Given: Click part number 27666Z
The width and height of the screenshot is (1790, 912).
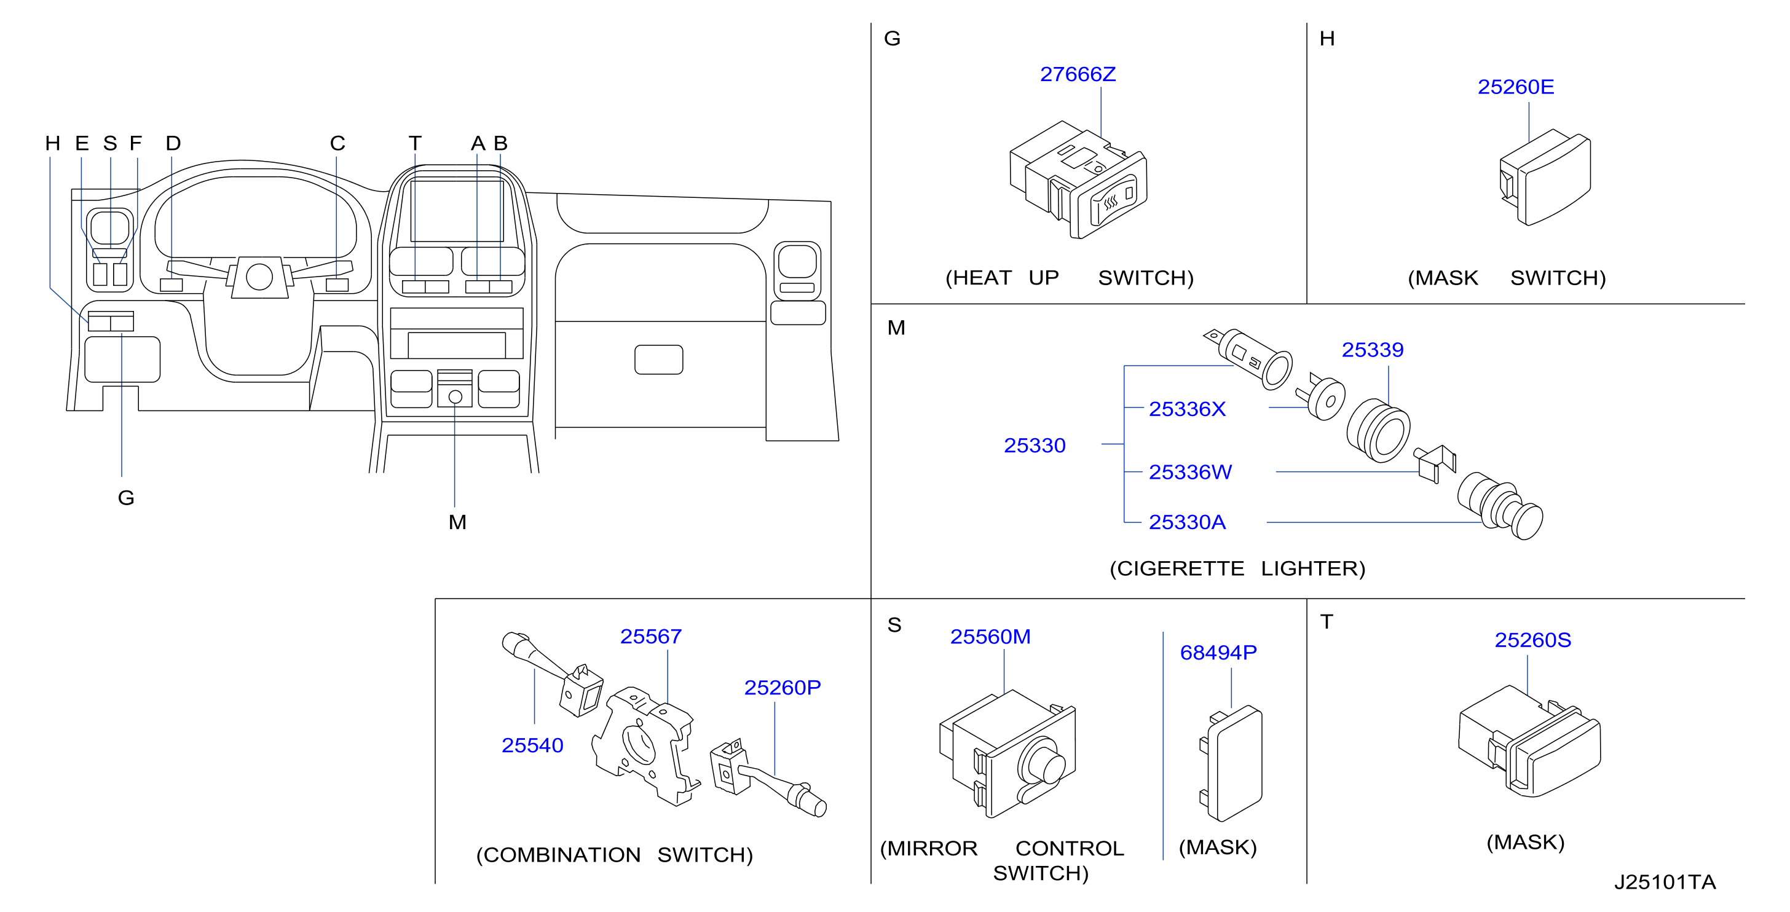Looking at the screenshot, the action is (x=1077, y=74).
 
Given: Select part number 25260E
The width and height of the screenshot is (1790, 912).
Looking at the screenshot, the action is (x=1515, y=87).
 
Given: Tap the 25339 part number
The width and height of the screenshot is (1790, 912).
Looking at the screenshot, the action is (x=1373, y=350).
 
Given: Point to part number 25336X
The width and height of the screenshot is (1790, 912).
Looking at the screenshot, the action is (x=1187, y=409).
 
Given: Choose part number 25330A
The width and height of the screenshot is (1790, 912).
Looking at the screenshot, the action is (x=1187, y=522).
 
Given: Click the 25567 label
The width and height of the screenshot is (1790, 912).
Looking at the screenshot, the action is (x=650, y=636).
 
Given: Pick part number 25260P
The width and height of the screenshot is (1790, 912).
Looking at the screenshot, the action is (x=783, y=687).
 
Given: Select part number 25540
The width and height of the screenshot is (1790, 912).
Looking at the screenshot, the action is (x=532, y=745).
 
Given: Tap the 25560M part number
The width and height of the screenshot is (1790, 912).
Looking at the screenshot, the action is (x=990, y=636).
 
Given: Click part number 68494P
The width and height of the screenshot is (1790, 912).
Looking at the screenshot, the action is (x=1218, y=652).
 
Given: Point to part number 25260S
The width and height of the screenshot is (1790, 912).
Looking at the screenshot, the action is (x=1532, y=640).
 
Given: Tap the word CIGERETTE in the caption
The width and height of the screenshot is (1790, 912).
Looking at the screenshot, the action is (x=1177, y=569).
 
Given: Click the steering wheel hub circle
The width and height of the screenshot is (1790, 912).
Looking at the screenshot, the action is (x=259, y=277).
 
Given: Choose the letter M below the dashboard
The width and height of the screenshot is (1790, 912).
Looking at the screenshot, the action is (x=457, y=522).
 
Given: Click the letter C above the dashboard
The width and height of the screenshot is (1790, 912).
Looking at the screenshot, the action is (x=337, y=143).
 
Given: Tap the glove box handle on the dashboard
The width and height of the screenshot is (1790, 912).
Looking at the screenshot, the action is (x=659, y=360).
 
